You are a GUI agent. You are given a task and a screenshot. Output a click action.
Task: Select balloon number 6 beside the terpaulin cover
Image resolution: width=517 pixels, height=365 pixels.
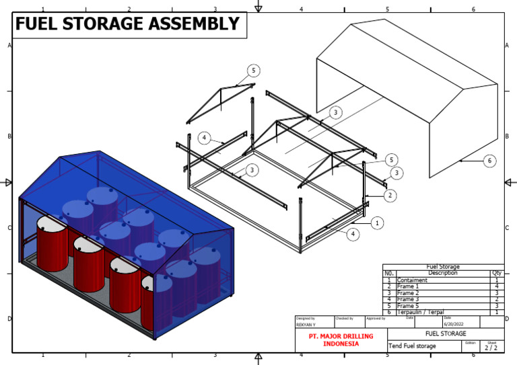coord(491,161)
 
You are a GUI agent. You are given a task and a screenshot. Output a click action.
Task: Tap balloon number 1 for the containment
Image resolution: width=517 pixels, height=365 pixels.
coord(377,222)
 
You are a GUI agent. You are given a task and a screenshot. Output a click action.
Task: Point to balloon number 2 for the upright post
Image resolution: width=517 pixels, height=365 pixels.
coord(390,196)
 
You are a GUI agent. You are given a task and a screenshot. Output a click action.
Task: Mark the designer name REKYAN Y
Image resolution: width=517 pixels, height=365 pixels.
coord(307,324)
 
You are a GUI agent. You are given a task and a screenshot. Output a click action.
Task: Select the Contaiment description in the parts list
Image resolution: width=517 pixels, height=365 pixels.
coord(413,280)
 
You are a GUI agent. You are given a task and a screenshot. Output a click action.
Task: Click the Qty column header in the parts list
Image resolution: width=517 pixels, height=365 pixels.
coord(497,274)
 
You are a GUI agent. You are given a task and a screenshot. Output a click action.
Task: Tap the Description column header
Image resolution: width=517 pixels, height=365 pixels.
coord(442,274)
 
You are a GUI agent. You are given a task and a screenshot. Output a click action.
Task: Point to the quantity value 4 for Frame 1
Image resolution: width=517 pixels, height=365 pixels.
coord(497,287)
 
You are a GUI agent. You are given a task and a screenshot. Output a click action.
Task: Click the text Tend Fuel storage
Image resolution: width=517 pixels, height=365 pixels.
coord(413,346)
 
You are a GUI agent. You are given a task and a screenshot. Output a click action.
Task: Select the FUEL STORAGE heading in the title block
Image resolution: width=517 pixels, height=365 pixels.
coord(445,333)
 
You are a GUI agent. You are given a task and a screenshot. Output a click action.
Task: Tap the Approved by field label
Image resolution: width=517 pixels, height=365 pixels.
coord(375,318)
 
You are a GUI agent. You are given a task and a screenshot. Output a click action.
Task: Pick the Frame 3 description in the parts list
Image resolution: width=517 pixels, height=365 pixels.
coord(409,300)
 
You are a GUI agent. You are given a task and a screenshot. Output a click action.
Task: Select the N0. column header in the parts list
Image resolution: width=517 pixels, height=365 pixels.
coord(389,274)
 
